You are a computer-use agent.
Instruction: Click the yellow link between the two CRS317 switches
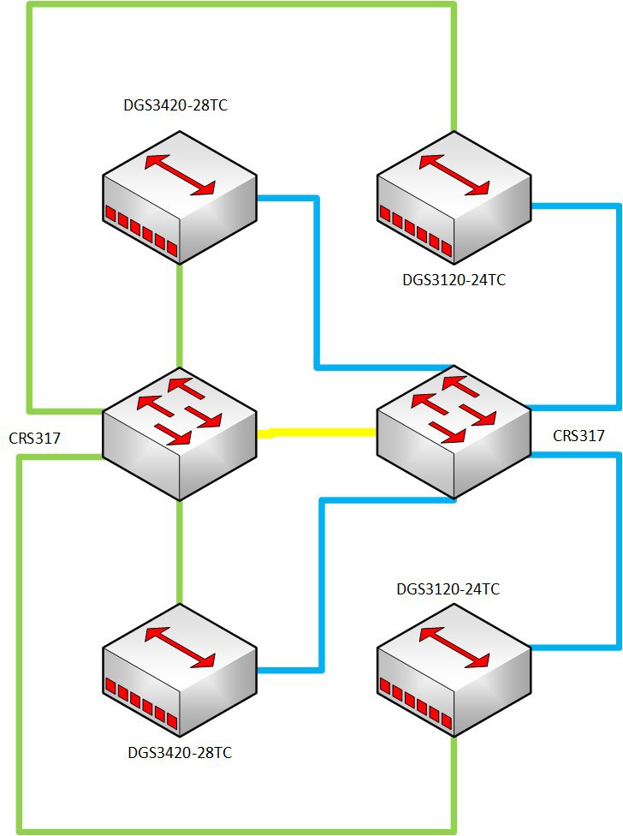[x=317, y=433]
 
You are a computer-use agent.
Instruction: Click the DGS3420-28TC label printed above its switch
[x=175, y=105]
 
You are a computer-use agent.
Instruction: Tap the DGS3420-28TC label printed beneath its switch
[x=180, y=753]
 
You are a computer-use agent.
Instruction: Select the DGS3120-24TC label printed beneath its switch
[x=454, y=280]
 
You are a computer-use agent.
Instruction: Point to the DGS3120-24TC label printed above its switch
[x=448, y=589]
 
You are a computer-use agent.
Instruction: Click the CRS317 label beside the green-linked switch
[x=34, y=439]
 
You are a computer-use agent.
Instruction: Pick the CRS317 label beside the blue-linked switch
[x=578, y=436]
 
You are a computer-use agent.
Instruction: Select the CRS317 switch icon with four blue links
[x=454, y=433]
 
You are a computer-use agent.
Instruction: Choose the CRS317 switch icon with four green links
[x=180, y=434]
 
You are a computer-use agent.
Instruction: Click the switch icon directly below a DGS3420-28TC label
[x=180, y=197]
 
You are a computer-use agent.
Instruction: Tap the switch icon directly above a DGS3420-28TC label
[x=180, y=670]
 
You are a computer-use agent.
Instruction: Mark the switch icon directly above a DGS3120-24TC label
[x=454, y=197]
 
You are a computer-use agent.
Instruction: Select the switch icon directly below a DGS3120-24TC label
[x=454, y=670]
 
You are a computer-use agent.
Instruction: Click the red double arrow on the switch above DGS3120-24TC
[x=454, y=175]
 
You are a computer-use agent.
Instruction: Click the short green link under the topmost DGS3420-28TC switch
[x=180, y=316]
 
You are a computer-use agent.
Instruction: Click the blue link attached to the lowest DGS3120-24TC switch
[x=619, y=552]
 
